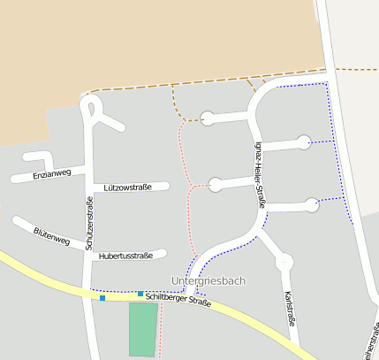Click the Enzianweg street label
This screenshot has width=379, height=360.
coord(51,174)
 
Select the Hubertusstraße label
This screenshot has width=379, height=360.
coord(126,256)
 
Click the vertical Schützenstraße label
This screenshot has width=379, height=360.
coord(89,225)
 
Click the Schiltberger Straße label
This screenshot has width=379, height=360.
coord(178,301)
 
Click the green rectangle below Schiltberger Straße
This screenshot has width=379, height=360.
coord(143,329)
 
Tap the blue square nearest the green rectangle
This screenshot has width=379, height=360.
coord(140,294)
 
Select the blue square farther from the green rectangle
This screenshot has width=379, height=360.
coord(102,298)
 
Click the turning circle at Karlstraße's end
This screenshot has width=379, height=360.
coord(284,262)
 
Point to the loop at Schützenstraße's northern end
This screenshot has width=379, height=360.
coord(89,107)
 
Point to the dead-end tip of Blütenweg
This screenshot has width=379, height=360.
coord(16,220)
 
